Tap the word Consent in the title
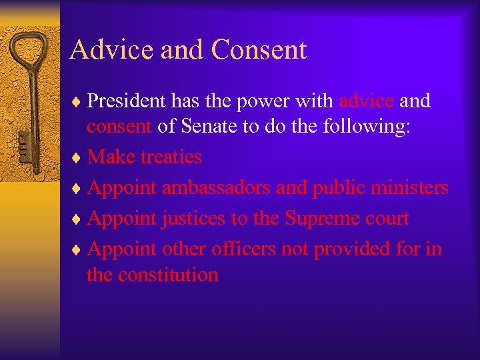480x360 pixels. pos(259,51)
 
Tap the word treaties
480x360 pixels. pos(171,157)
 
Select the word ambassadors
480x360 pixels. pos(216,188)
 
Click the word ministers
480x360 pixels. pos(407,188)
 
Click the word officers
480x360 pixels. pos(243,249)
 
